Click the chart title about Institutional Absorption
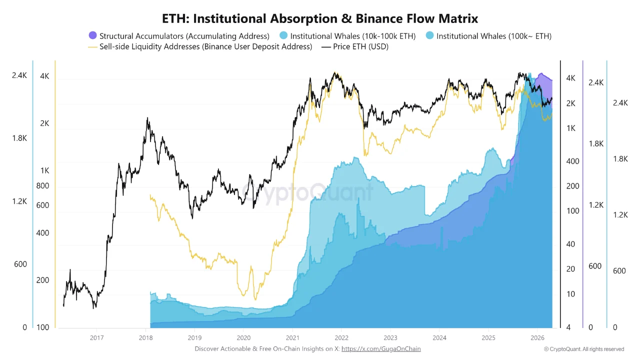click(320, 18)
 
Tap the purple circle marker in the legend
click(92, 35)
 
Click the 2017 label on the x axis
click(96, 337)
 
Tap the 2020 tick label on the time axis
click(243, 337)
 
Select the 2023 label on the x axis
click(390, 337)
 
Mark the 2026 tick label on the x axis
click(537, 337)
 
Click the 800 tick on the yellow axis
click(43, 186)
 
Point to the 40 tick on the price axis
click(570, 244)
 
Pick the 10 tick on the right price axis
click(570, 294)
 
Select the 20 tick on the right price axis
click(570, 269)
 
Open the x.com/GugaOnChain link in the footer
click(381, 349)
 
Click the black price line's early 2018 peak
click(147, 118)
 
